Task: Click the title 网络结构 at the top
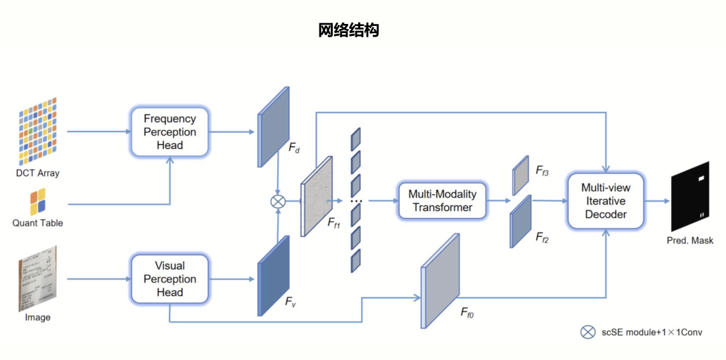click(x=348, y=30)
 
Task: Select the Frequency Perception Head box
click(x=169, y=132)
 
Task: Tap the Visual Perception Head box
click(x=169, y=279)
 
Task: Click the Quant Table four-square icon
click(x=38, y=202)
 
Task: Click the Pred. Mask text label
click(x=689, y=240)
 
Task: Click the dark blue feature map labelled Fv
click(x=274, y=275)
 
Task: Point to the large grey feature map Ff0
click(x=440, y=280)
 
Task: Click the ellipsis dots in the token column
click(x=356, y=202)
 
